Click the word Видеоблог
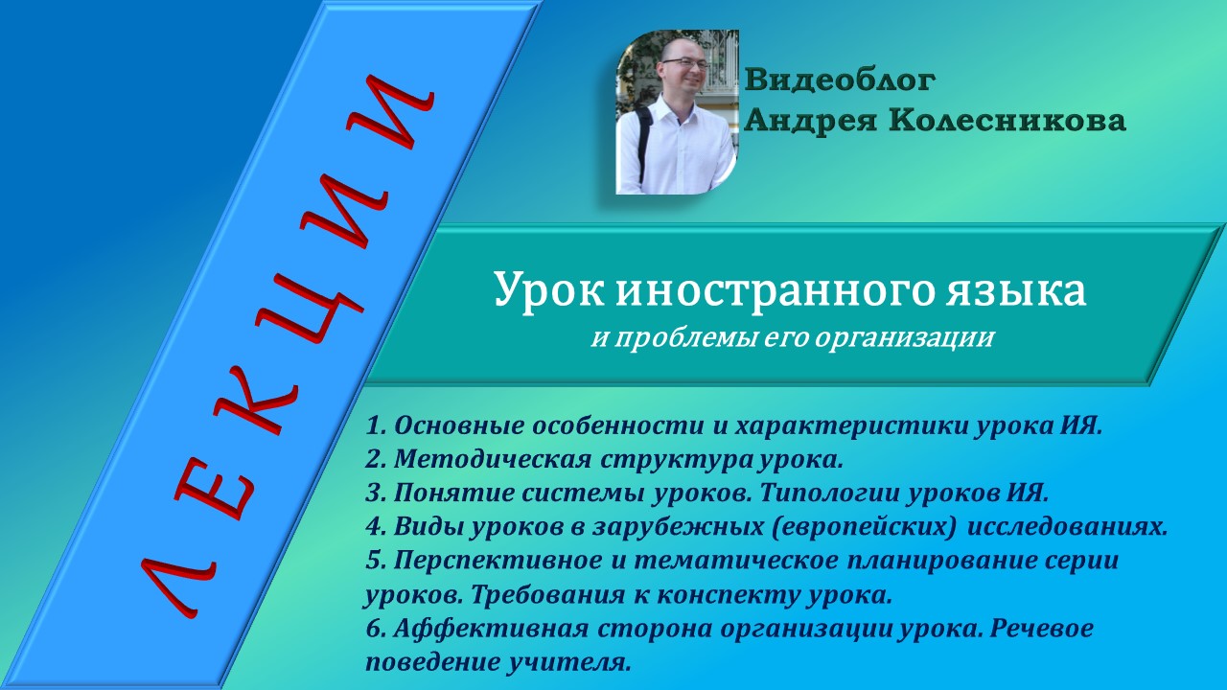[840, 80]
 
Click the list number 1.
[375, 425]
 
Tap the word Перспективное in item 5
[492, 560]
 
